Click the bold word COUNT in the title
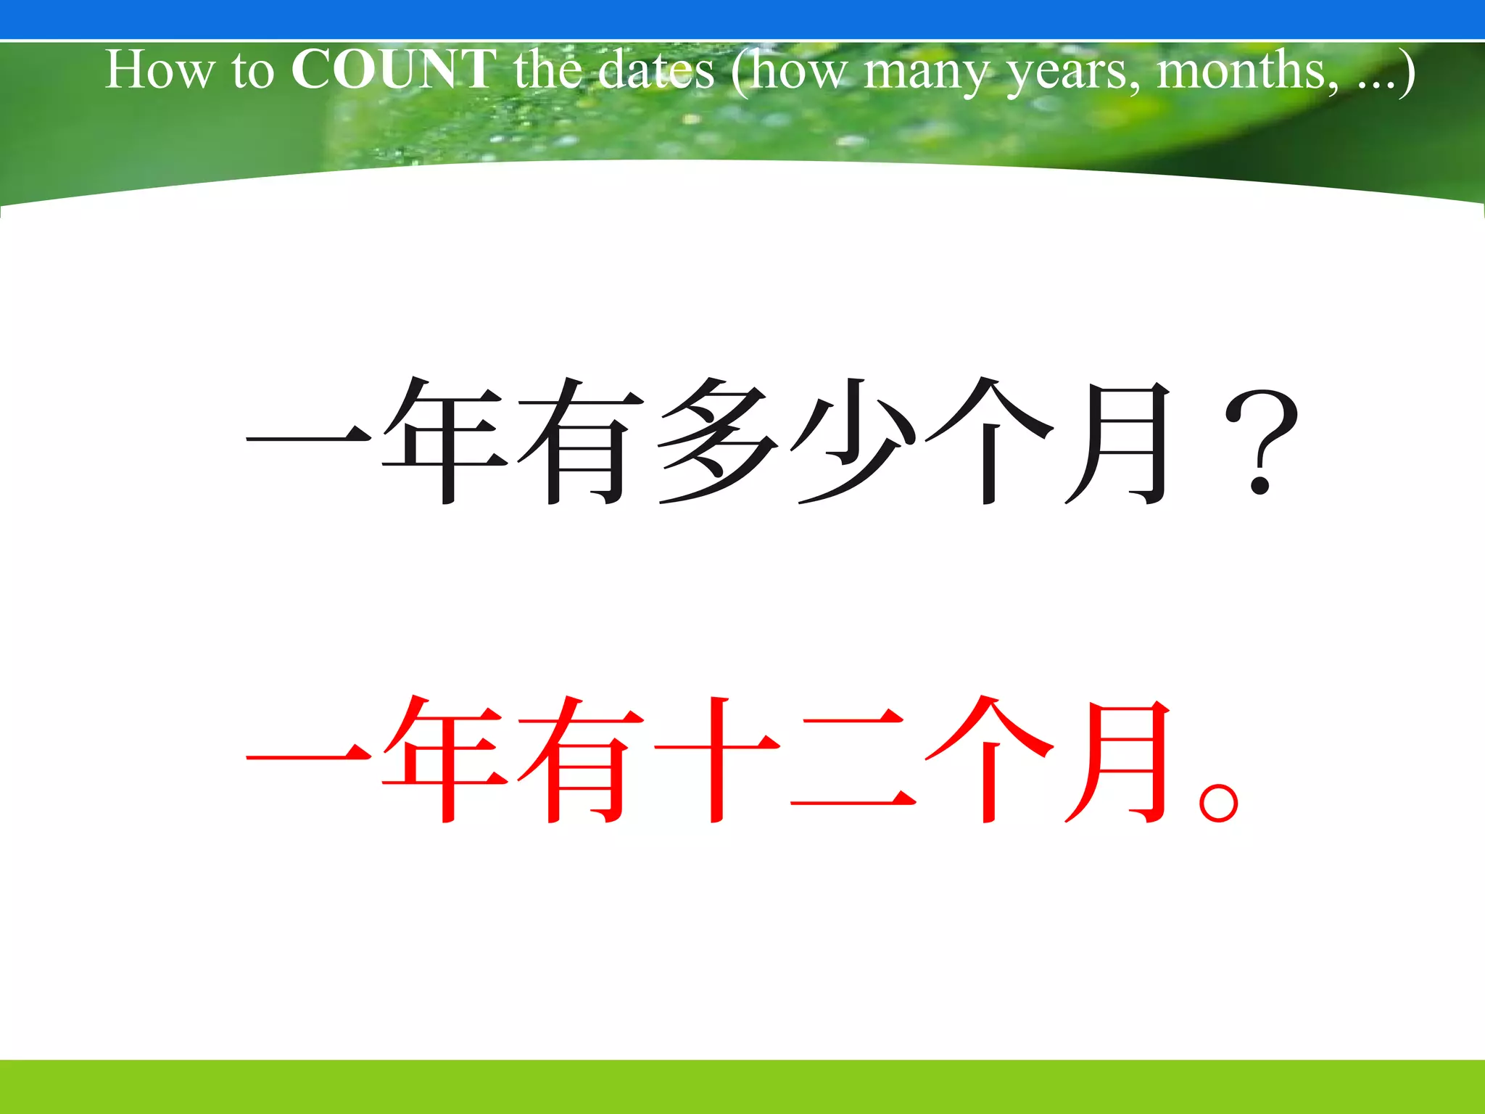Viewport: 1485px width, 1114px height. (x=393, y=70)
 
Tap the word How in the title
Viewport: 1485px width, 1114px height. (x=160, y=70)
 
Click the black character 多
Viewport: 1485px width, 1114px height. (x=716, y=441)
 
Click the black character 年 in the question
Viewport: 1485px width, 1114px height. (x=444, y=441)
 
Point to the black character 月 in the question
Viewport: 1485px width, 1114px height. (x=1120, y=441)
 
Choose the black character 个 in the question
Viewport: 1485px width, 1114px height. (x=988, y=441)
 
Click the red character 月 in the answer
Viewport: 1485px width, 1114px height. (x=1120, y=760)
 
